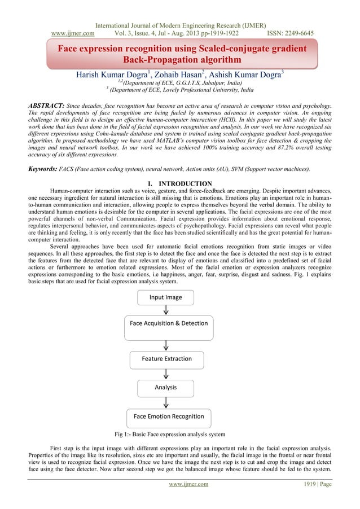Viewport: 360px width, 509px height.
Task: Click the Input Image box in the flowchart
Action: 166,297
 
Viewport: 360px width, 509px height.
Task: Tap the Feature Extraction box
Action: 166,358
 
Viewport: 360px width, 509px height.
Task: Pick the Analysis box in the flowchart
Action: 166,388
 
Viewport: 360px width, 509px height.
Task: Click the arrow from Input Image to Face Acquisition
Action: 166,310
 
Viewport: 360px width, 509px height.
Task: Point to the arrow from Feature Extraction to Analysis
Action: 166,373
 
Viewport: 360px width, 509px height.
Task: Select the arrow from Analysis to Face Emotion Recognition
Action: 166,402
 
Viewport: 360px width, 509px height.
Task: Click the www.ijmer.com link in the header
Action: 73,33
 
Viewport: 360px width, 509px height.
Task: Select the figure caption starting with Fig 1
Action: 170,435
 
